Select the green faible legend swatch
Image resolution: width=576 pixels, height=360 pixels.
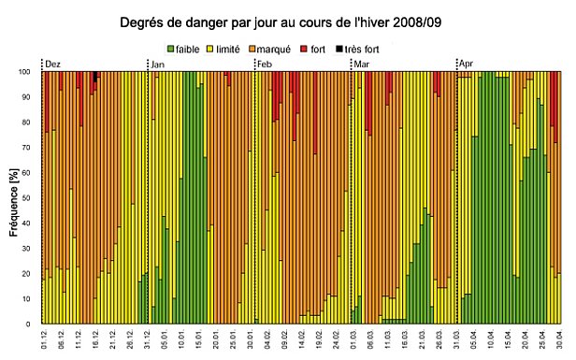coord(170,48)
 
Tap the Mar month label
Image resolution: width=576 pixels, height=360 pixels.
coord(360,64)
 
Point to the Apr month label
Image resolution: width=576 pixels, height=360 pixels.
coord(466,64)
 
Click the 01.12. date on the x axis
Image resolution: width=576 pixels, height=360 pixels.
coord(45,339)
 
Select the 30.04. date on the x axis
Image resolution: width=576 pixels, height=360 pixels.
coord(559,339)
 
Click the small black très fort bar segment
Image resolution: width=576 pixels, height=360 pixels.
coord(95,77)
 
